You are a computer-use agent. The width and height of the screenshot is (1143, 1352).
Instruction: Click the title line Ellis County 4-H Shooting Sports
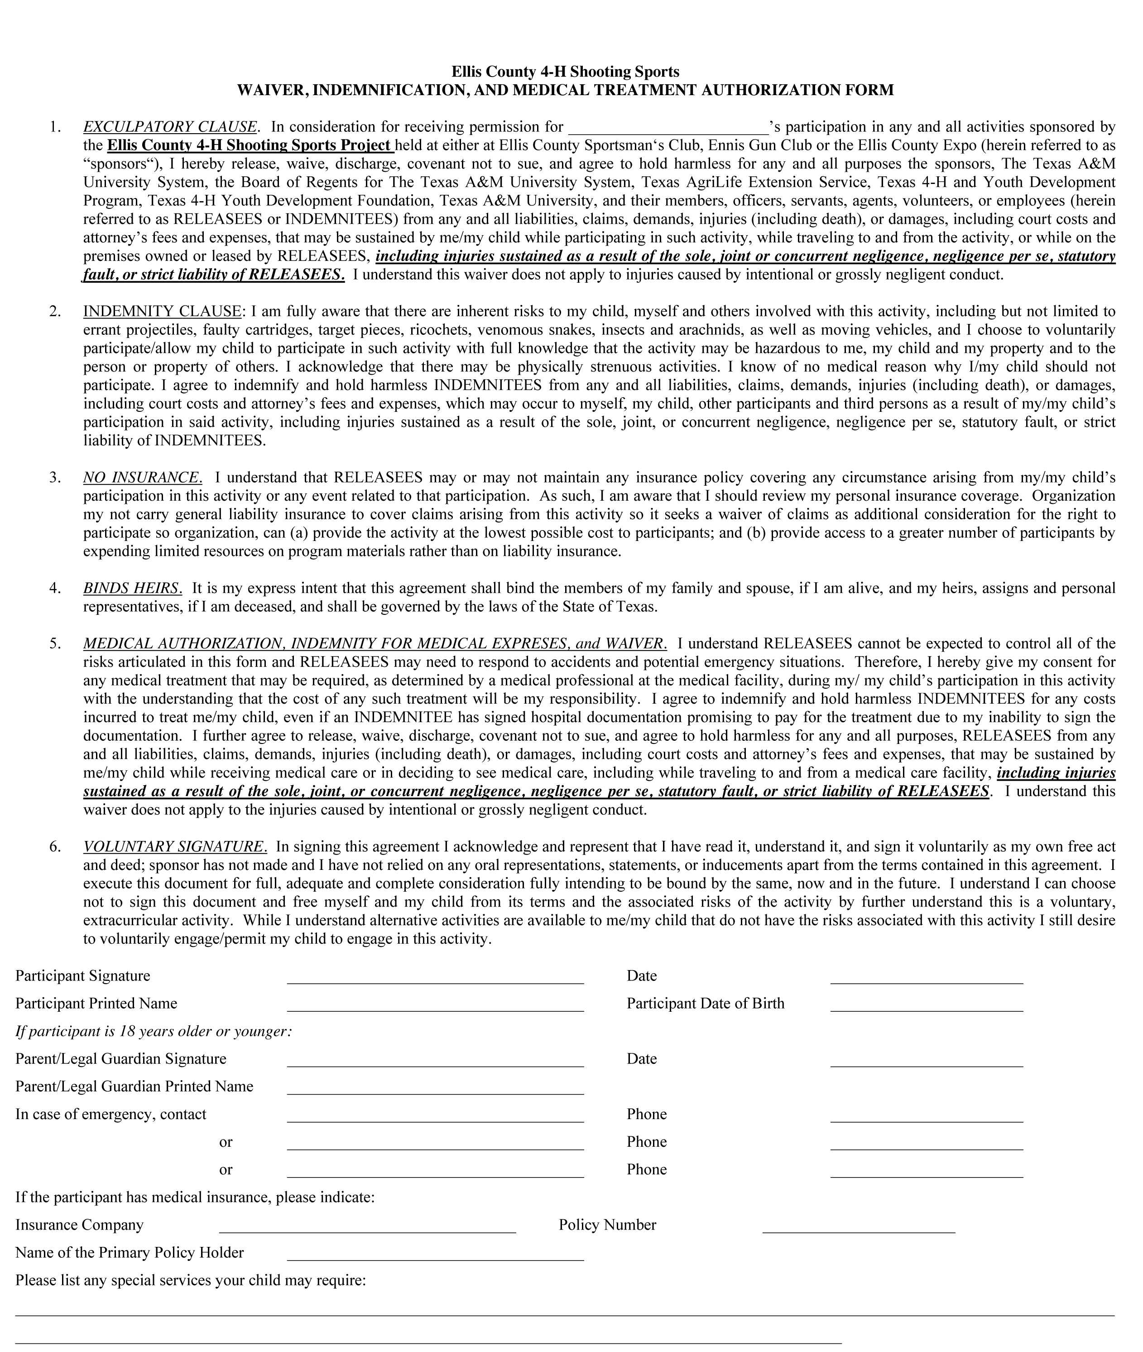tap(565, 71)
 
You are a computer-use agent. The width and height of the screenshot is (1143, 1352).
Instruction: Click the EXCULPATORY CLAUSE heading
tap(170, 126)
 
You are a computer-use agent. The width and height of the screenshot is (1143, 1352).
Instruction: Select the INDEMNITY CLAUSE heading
tap(162, 311)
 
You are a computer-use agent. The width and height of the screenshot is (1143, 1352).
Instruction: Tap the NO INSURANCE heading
tap(143, 478)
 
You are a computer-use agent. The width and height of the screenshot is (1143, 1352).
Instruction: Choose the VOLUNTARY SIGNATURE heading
tap(175, 846)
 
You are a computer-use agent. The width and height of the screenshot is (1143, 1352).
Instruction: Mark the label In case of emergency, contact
tap(111, 1114)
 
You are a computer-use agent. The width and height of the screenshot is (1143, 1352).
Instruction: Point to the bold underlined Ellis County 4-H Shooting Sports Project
tap(250, 145)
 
